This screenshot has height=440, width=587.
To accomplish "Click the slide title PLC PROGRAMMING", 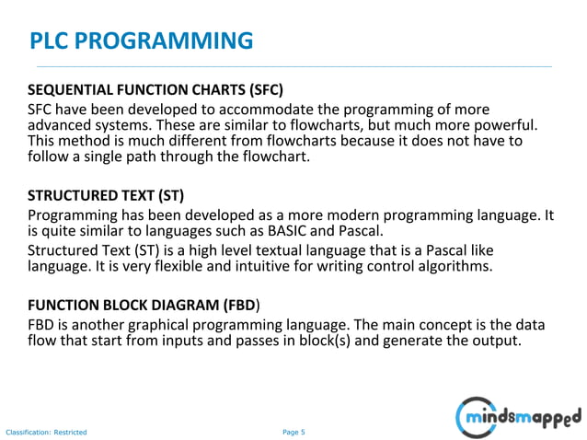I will pos(141,41).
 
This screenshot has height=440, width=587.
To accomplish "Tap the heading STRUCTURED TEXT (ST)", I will pos(106,196).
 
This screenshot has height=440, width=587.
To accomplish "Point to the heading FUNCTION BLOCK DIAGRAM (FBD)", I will pos(143,304).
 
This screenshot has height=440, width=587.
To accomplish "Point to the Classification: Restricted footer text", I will pos(47,432).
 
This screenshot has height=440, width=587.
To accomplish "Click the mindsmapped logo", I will pos(519,417).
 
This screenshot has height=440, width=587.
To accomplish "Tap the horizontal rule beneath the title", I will pos(293,67).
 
